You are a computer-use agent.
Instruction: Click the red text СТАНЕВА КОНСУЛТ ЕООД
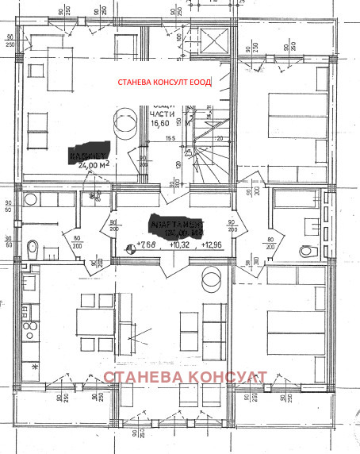[164, 83]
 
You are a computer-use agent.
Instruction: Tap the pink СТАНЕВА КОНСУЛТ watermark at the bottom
[183, 378]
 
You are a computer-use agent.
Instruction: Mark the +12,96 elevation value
[212, 244]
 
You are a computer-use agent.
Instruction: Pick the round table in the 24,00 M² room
[125, 121]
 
